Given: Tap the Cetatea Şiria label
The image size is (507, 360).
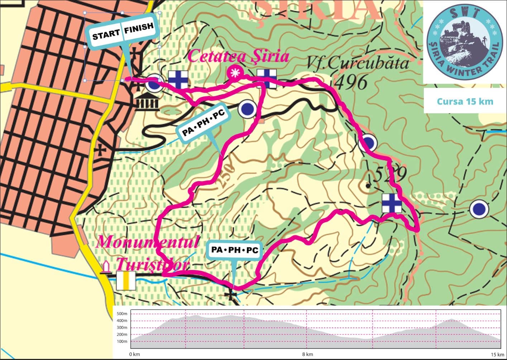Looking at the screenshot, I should pyautogui.click(x=238, y=57).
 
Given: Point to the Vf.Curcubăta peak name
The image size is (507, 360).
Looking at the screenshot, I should pyautogui.click(x=358, y=63).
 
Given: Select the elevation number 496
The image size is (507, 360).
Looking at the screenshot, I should pyautogui.click(x=351, y=82).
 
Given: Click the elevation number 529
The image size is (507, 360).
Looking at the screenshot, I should pyautogui.click(x=390, y=175).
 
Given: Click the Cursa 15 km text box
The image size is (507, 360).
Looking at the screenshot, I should pyautogui.click(x=465, y=101).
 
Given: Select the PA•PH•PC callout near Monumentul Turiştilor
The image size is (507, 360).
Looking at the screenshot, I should pyautogui.click(x=235, y=250).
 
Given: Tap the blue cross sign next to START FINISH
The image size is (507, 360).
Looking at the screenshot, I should pyautogui.click(x=178, y=80).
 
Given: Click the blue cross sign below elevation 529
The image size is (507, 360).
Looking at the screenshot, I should pyautogui.click(x=391, y=203).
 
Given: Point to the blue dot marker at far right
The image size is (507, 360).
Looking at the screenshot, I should pyautogui.click(x=479, y=209).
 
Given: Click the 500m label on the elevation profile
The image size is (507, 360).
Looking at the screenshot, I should pyautogui.click(x=122, y=314).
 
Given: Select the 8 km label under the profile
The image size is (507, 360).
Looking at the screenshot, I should pyautogui.click(x=307, y=354).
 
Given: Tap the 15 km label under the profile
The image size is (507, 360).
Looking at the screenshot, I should pyautogui.click(x=497, y=354).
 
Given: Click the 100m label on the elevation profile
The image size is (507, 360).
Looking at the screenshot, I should pyautogui.click(x=122, y=341).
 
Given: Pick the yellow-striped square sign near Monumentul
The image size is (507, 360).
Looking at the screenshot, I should pyautogui.click(x=126, y=281).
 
